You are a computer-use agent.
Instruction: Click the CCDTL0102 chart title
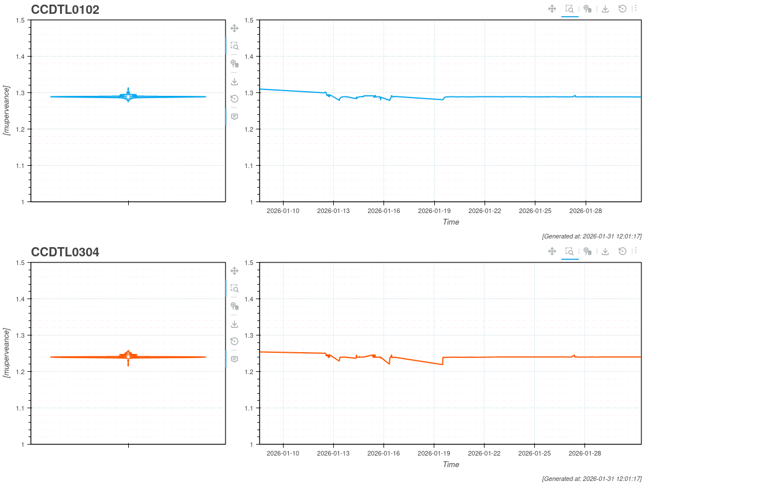pyautogui.click(x=65, y=10)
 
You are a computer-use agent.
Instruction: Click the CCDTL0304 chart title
pyautogui.click(x=65, y=252)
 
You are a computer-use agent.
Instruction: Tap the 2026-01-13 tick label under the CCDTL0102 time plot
pyautogui.click(x=333, y=211)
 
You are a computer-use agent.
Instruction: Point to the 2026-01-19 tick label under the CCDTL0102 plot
pyautogui.click(x=434, y=211)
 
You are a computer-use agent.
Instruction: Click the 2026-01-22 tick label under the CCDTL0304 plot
pyautogui.click(x=484, y=453)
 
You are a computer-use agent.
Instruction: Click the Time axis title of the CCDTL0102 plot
pyautogui.click(x=450, y=222)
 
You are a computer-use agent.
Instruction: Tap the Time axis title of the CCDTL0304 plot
pyautogui.click(x=450, y=464)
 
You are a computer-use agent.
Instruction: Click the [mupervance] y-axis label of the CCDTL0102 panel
pyautogui.click(x=7, y=110)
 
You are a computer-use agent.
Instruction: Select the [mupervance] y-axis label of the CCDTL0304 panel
pyautogui.click(x=7, y=353)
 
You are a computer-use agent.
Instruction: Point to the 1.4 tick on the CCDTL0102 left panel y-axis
pyautogui.click(x=21, y=57)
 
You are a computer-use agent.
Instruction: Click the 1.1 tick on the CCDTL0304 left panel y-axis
pyautogui.click(x=21, y=408)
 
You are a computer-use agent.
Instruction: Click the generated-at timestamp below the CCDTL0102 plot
pyautogui.click(x=591, y=236)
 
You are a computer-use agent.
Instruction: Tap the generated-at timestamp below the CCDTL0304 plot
pyautogui.click(x=591, y=479)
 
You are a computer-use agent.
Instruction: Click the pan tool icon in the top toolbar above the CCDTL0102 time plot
pyautogui.click(x=552, y=9)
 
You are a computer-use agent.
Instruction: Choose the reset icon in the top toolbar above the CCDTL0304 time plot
pyautogui.click(x=622, y=251)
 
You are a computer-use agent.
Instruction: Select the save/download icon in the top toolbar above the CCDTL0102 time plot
pyautogui.click(x=605, y=9)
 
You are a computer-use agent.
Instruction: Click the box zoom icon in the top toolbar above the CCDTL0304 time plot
pyautogui.click(x=569, y=251)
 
